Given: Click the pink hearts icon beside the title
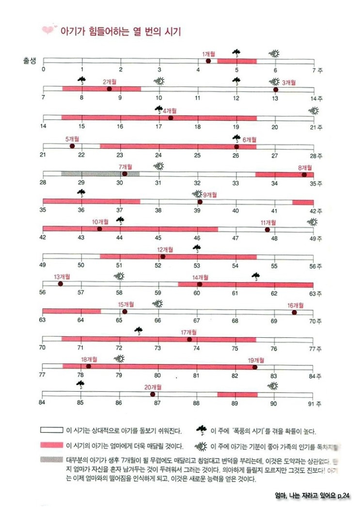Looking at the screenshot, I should (49, 31).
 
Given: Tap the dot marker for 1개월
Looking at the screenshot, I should (208, 61).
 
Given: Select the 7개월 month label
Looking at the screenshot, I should (126, 167).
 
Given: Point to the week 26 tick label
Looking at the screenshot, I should (235, 156).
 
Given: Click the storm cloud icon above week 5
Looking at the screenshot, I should (236, 53).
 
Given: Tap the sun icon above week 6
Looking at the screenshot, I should (275, 53).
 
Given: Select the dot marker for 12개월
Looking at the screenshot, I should (162, 256).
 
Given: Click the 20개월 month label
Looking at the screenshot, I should (153, 387).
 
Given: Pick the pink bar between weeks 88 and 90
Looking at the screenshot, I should (237, 395).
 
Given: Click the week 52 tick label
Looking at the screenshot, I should (158, 266).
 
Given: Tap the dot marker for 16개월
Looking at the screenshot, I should (294, 312).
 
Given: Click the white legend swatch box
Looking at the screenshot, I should (52, 430).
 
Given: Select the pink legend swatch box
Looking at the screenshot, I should (52, 445).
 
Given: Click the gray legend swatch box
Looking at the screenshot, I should (52, 461).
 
